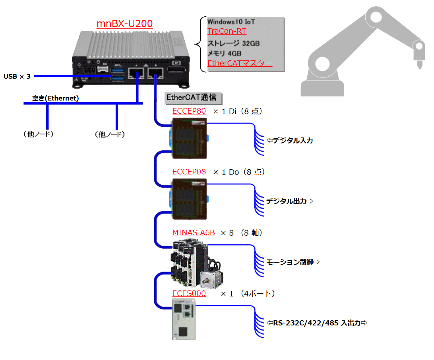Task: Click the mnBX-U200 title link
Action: pos(124,24)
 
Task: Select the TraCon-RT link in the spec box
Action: pos(227,31)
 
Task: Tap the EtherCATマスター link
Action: pos(240,63)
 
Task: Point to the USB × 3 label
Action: pos(17,76)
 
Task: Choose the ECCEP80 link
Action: pos(189,111)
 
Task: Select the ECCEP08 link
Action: pos(189,172)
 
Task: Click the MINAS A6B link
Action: pos(194,232)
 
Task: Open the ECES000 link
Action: pos(189,294)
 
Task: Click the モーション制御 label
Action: pos(293,262)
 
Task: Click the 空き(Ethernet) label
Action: pos(56,98)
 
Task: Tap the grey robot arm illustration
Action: pos(362,52)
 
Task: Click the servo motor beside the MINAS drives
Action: pos(211,276)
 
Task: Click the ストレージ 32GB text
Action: pos(233,43)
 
